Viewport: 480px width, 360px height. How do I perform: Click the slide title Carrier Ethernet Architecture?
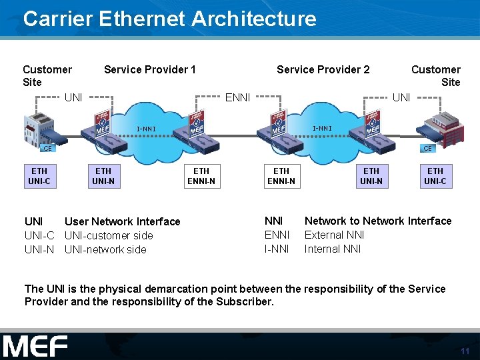coord(169,18)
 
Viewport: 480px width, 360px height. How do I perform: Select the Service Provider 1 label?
coord(149,69)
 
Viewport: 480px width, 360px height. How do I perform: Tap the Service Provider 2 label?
coord(323,69)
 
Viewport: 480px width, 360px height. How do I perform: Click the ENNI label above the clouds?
coord(237,98)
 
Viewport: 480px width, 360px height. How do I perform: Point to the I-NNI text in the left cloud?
coord(147,129)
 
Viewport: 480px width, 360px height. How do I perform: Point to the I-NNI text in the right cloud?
coord(323,128)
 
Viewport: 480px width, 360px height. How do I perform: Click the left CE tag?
coord(47,148)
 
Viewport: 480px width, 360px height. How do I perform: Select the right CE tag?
coord(427,148)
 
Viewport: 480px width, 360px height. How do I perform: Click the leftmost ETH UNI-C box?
coord(39,177)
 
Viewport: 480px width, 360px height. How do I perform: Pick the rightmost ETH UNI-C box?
coord(435,177)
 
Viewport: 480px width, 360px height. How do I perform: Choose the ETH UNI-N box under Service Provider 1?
coord(103,177)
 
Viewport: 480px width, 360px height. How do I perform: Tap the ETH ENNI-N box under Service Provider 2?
coord(281,177)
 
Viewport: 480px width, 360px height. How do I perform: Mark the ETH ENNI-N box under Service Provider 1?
coord(201,177)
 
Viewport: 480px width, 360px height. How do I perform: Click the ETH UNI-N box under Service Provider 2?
coord(371,177)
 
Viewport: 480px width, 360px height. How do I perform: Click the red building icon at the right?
coord(443,127)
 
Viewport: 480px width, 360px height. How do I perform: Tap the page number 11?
coord(465,351)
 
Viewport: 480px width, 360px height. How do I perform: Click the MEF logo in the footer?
coord(35,347)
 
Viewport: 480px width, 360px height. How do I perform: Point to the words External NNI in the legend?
coord(333,235)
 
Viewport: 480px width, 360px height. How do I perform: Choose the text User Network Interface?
coord(122,221)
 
